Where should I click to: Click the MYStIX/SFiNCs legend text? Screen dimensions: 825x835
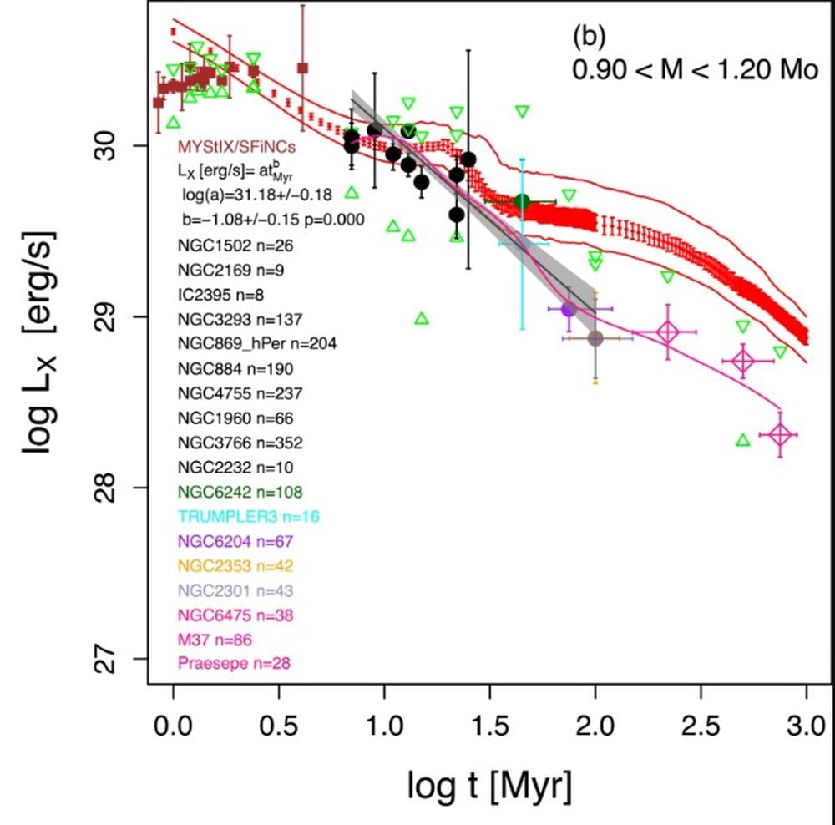tap(235, 149)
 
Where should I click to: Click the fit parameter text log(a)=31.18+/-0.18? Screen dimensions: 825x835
tap(258, 195)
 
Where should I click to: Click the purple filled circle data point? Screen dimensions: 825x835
tap(569, 309)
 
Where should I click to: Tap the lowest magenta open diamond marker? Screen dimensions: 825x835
tap(780, 434)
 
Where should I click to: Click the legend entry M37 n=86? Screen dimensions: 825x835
tap(215, 640)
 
